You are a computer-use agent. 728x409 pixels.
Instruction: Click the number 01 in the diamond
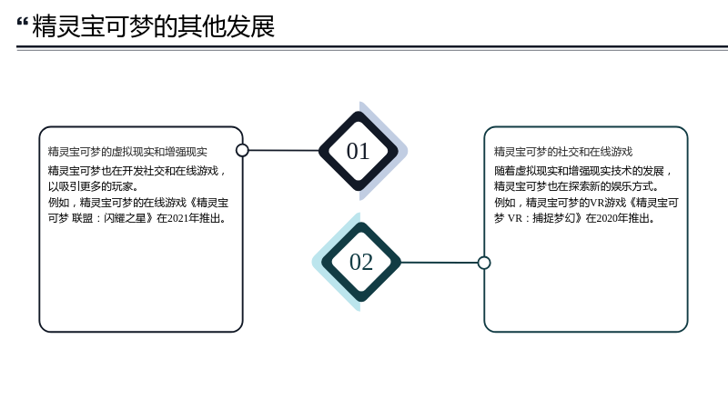(358, 151)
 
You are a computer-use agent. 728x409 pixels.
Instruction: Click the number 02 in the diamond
(361, 262)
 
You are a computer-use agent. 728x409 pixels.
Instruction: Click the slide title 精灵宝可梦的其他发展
(153, 26)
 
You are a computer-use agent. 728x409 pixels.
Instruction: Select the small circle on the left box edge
(242, 150)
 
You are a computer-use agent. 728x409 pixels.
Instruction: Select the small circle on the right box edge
(484, 263)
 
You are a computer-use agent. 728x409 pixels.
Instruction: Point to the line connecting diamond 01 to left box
(284, 150)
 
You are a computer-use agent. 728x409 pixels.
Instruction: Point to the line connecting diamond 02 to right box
(440, 263)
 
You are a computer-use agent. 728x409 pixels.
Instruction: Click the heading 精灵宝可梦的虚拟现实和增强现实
(127, 152)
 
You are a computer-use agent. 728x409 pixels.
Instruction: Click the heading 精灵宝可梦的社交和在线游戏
(563, 152)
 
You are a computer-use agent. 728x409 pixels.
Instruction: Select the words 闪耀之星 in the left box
(125, 218)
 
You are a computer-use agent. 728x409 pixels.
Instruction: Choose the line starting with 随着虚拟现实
(580, 171)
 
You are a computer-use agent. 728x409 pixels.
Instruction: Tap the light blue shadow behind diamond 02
(325, 262)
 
